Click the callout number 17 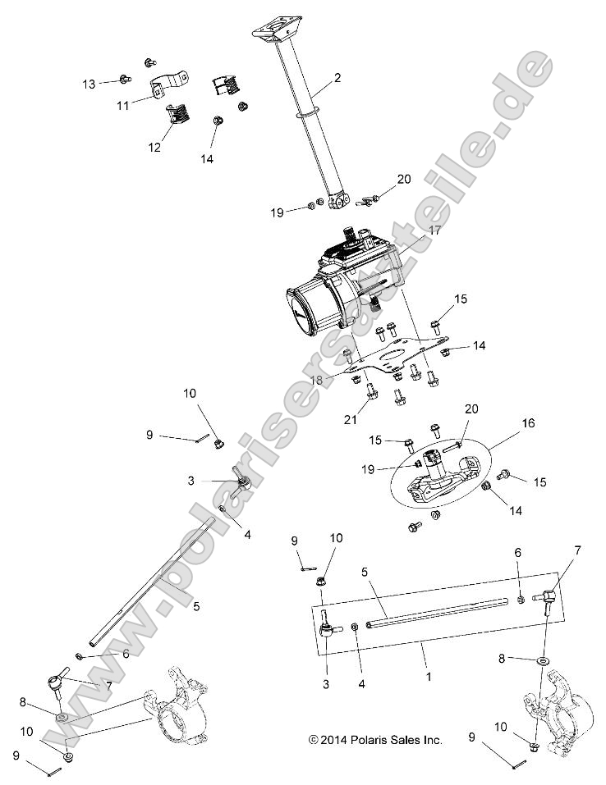(x=434, y=230)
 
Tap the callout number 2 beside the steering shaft (x=337, y=79)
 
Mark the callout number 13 (x=89, y=84)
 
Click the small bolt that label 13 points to (x=123, y=79)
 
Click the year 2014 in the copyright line (x=337, y=740)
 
